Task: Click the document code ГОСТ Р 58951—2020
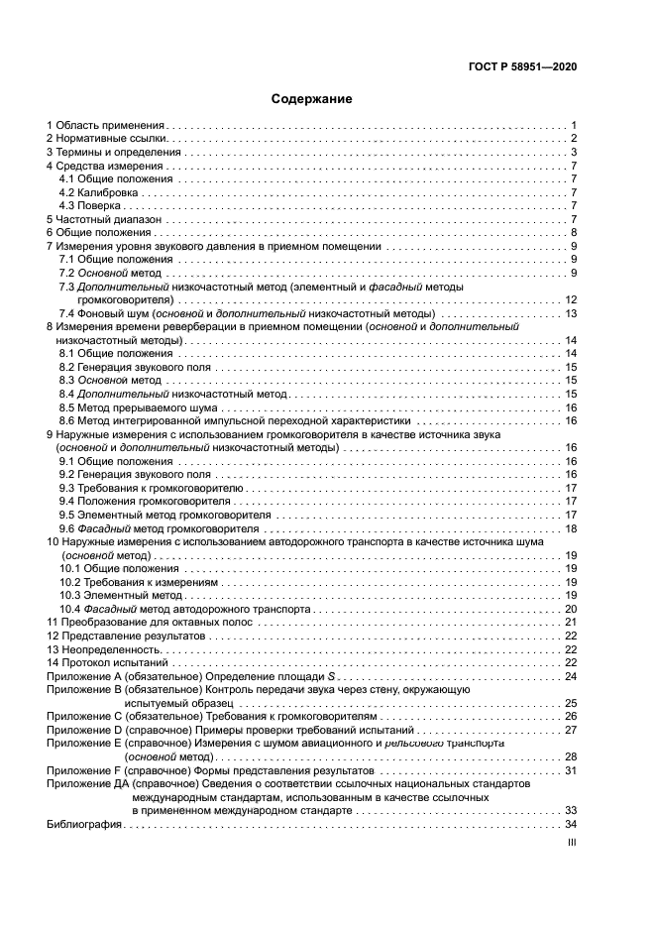[522, 67]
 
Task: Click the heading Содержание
[312, 99]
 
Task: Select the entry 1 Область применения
[106, 126]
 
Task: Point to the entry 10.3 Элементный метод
[118, 595]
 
